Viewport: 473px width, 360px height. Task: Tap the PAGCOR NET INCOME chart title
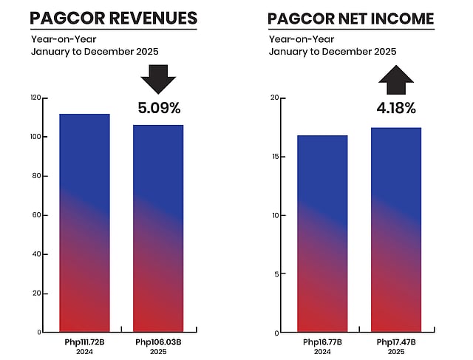(x=350, y=18)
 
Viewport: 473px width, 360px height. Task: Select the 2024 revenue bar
(x=84, y=222)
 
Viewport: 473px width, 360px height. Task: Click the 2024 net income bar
(x=322, y=233)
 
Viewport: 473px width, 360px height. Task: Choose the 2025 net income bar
(x=396, y=229)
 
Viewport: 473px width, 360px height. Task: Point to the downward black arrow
(x=157, y=78)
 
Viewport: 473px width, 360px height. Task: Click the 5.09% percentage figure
(x=159, y=108)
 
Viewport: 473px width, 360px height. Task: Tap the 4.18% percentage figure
(x=396, y=108)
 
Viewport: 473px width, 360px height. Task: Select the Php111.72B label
(x=84, y=342)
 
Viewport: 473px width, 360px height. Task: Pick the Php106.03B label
(x=158, y=342)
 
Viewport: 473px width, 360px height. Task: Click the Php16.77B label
(x=322, y=342)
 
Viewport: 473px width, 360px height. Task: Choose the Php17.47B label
(x=396, y=342)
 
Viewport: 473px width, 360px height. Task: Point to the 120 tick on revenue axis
(x=35, y=98)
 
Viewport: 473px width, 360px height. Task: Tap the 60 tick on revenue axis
(x=36, y=215)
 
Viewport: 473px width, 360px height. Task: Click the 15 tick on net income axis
(x=274, y=156)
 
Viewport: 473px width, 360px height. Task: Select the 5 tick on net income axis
(x=276, y=274)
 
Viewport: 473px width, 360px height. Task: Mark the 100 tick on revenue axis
(x=35, y=137)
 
